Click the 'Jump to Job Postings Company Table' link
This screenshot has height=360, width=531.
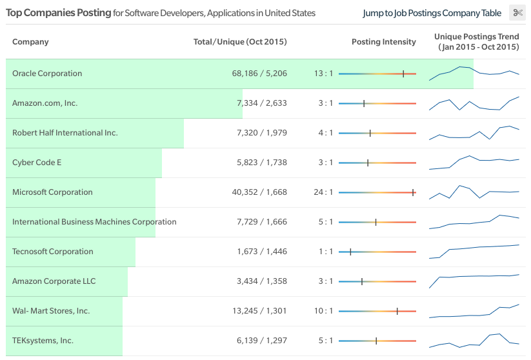pos(432,13)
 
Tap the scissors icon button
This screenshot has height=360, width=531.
pos(517,13)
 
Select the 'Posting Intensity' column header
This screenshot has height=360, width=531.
pos(384,42)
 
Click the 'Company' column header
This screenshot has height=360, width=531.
pos(30,42)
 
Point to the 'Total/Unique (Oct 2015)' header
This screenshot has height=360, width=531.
pos(240,42)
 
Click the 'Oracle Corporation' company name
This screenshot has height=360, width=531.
pos(47,74)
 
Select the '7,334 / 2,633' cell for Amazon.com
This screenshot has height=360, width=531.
pos(262,103)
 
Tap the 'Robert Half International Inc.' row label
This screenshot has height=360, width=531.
pos(65,133)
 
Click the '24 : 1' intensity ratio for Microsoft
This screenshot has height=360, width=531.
pos(323,192)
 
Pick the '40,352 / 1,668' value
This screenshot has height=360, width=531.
pos(259,192)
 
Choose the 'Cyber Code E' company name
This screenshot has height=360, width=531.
pos(37,163)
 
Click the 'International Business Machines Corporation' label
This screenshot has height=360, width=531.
pos(94,222)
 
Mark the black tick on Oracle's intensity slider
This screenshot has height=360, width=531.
pos(403,74)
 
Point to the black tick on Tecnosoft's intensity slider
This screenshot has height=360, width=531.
pos(350,252)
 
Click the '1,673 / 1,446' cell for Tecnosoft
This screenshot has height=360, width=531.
pos(262,251)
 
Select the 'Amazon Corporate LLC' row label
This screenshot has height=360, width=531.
pos(54,281)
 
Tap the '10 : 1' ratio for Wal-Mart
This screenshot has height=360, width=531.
pos(323,311)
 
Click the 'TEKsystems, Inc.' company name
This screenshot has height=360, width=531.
pos(43,341)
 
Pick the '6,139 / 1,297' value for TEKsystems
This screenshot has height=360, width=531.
pos(262,341)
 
